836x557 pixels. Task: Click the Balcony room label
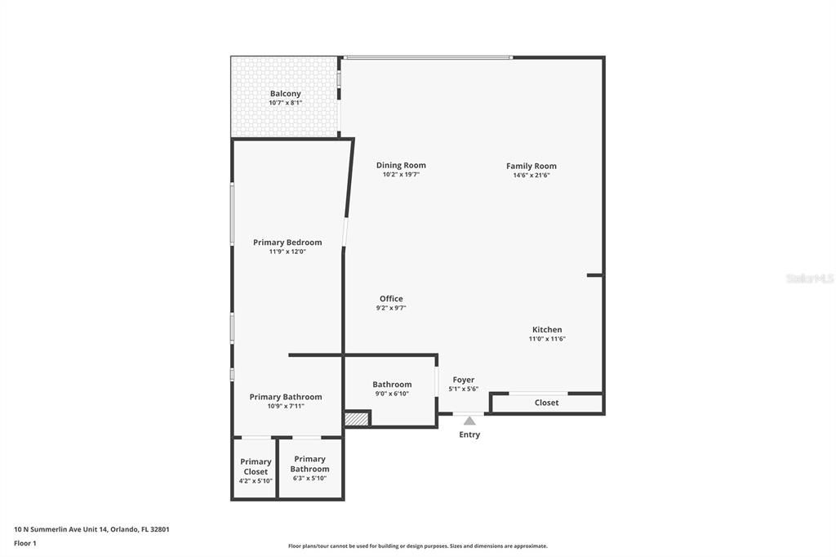point(285,94)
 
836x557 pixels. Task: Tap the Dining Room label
point(401,165)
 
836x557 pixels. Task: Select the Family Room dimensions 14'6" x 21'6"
point(531,175)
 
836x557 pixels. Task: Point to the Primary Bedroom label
point(287,243)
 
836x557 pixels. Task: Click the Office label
point(391,299)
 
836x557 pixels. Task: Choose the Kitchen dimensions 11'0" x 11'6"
point(547,339)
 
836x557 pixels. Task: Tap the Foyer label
point(463,380)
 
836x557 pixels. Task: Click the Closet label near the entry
point(546,403)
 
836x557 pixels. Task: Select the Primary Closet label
point(256,466)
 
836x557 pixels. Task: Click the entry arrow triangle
point(469,421)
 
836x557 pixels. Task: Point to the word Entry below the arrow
point(469,434)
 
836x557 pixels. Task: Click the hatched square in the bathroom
point(357,418)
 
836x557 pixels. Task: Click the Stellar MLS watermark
point(809,278)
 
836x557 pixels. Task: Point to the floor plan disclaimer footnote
point(417,546)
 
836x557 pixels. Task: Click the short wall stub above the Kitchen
point(595,275)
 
